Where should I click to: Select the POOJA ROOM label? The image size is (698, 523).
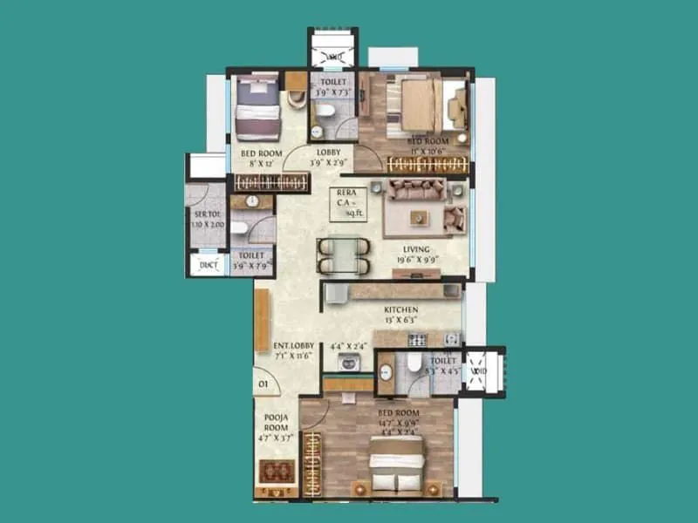pos(277,423)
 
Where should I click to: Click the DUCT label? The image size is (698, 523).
pos(209,265)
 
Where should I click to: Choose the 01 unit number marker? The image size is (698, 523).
pos(262,381)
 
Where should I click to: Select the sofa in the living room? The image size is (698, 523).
pos(416,189)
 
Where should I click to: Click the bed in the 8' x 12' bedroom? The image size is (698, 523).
pos(257,108)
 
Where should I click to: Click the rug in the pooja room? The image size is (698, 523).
pos(273,471)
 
